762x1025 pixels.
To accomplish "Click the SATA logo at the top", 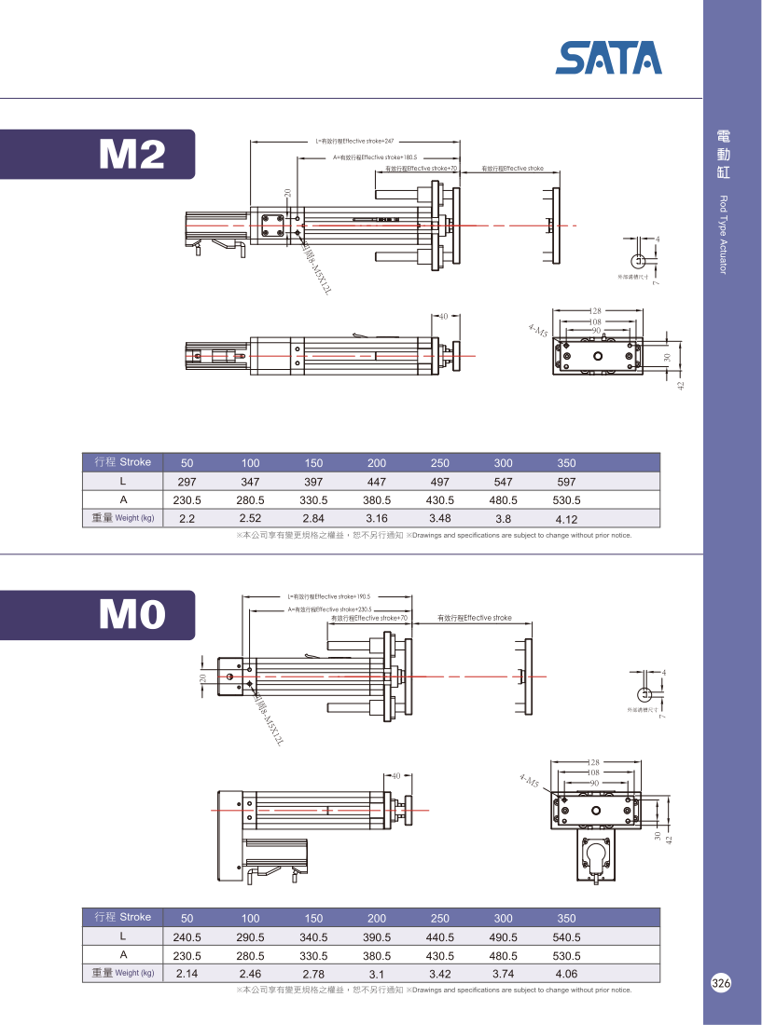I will (x=608, y=58).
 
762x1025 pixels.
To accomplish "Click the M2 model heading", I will (x=132, y=155).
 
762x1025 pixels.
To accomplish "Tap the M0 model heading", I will (x=132, y=614).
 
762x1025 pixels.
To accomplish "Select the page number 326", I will (x=720, y=984).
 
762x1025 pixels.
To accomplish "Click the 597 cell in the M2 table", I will (x=566, y=482).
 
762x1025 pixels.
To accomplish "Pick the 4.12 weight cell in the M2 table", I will (x=566, y=519).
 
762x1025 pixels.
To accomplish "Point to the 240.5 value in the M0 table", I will (x=187, y=937).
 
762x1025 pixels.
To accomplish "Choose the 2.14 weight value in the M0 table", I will (x=187, y=974).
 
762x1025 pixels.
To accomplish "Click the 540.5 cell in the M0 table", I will (x=566, y=937).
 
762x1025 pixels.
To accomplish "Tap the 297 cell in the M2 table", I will (x=187, y=482).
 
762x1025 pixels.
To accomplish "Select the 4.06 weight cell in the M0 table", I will (x=566, y=974).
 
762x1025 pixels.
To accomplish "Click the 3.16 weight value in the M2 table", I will (x=377, y=518).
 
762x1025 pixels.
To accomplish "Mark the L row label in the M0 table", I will (x=122, y=936).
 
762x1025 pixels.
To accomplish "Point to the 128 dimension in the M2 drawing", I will (x=596, y=311).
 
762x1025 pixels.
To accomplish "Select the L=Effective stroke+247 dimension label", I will (x=354, y=141).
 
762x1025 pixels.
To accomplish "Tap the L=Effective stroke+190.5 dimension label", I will (x=329, y=595).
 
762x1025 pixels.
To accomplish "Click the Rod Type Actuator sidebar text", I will (x=722, y=235).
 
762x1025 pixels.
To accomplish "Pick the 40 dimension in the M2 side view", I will (x=444, y=316).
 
